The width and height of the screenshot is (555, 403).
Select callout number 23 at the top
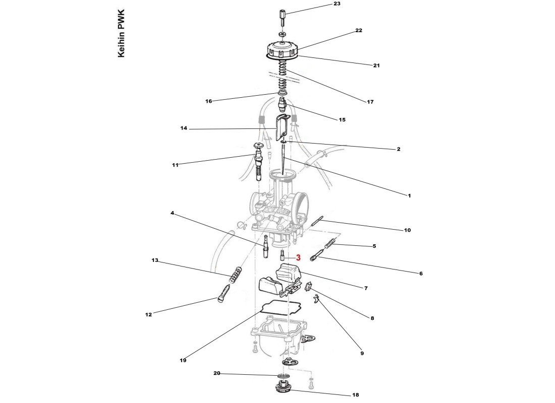tap(337, 4)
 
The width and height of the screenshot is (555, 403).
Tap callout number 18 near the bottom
tap(355, 395)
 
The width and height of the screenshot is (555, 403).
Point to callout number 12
tap(148, 315)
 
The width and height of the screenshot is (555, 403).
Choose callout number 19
tap(183, 361)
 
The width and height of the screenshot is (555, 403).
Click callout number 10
tap(407, 230)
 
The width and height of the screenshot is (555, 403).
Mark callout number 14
tap(184, 128)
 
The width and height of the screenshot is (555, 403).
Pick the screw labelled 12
tap(226, 293)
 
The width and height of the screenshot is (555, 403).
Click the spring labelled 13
tap(235, 275)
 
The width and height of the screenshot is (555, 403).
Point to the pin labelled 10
tap(317, 221)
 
